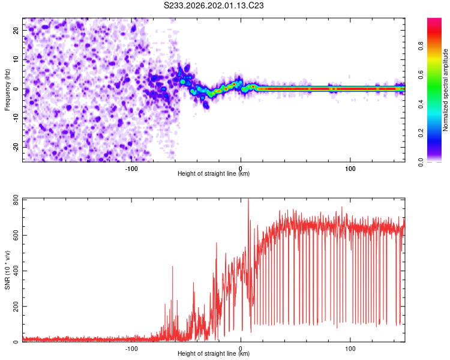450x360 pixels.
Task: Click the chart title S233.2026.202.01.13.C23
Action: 214,5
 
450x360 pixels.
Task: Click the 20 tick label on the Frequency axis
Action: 16,30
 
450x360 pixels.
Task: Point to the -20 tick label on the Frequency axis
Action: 16,147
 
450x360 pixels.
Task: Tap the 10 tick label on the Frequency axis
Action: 16,59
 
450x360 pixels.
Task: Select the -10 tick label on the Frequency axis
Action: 16,118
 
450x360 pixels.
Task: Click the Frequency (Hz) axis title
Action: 7,90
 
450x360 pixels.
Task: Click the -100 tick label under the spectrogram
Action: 131,169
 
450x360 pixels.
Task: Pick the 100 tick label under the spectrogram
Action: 350,169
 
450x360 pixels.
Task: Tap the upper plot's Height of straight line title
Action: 214,173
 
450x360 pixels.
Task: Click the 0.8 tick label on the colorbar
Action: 421,46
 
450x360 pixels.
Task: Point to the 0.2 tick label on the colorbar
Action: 421,133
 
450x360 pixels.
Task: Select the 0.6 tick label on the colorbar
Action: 421,75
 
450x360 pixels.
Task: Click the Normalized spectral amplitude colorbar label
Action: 445,90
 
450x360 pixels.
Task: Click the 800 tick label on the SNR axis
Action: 16,200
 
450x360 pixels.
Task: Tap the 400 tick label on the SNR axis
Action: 16,271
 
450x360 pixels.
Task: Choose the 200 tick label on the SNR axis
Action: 16,307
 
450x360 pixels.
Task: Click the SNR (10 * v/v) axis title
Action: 7,270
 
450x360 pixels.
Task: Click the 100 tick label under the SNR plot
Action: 350,349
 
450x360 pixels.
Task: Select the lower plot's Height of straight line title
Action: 214,353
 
